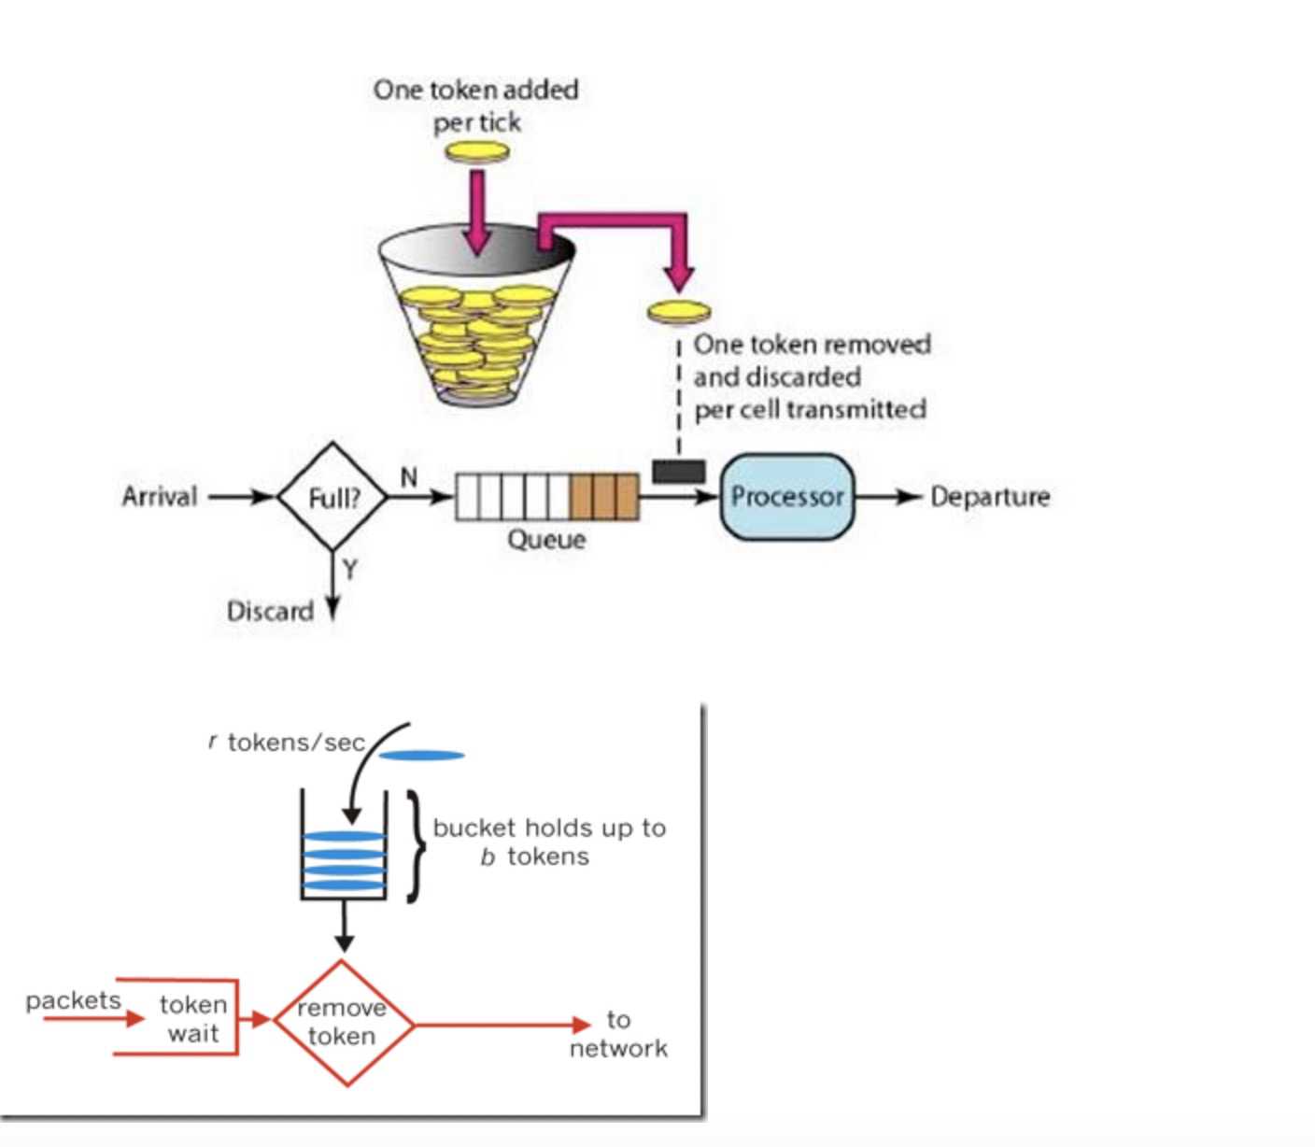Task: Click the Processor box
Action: pos(786,497)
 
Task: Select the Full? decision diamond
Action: pos(332,497)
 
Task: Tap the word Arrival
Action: pos(160,496)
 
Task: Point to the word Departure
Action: pos(990,497)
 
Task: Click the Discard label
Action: pos(270,612)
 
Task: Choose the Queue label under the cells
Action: pos(546,540)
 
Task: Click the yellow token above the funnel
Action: pos(477,151)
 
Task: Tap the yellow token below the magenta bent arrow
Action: pos(679,311)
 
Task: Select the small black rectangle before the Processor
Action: pos(679,471)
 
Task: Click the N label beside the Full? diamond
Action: pos(408,477)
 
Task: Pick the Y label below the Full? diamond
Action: pos(349,569)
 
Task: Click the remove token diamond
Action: pos(344,1023)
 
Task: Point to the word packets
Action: pos(73,1000)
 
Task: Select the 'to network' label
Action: pos(618,1034)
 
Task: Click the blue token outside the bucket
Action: pos(422,756)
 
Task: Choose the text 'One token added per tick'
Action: pos(476,106)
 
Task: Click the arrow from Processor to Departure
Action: pos(888,497)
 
